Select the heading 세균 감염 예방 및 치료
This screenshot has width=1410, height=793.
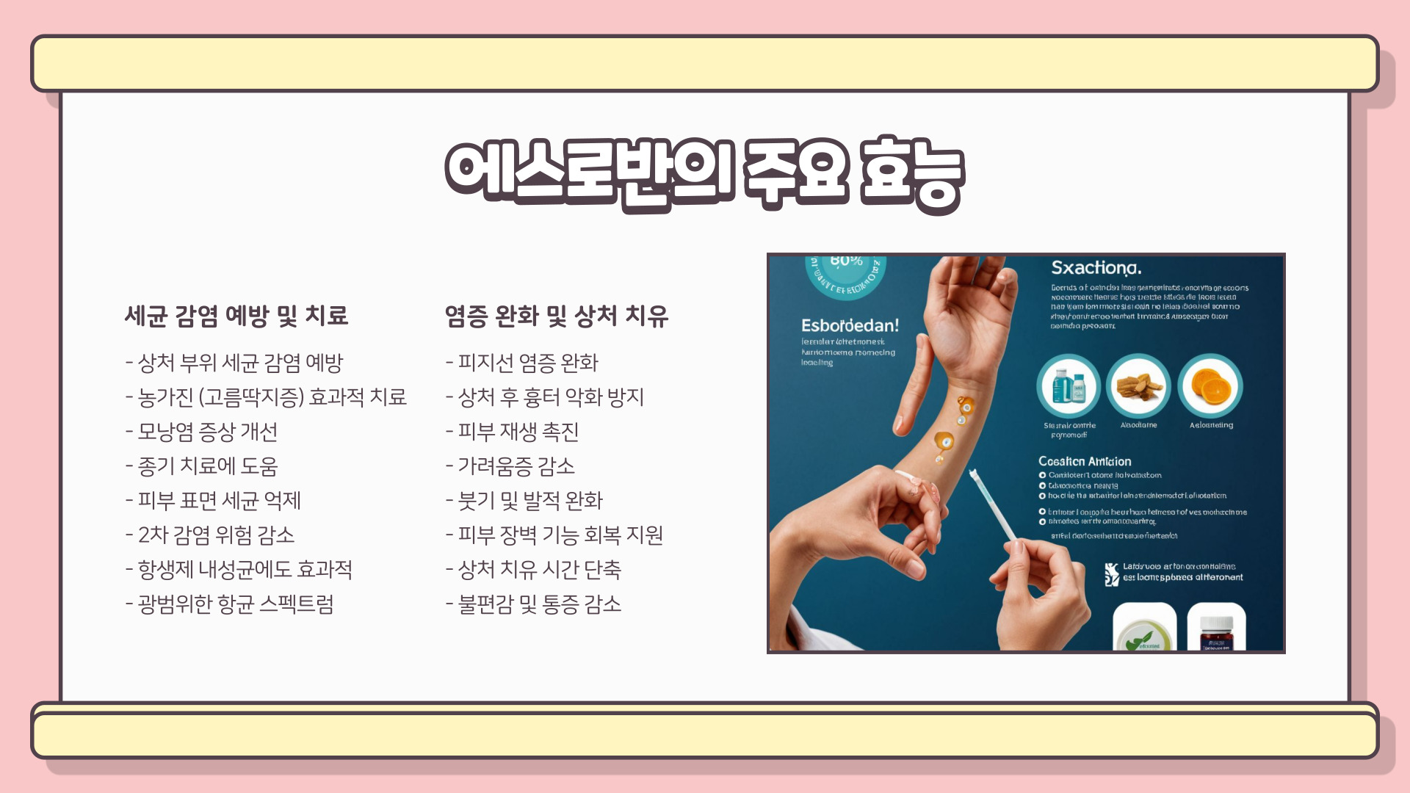click(x=236, y=316)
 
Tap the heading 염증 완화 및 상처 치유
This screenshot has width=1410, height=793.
click(x=556, y=316)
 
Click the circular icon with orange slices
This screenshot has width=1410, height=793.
click(x=1210, y=386)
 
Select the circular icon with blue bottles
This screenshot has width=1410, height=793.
click(x=1069, y=386)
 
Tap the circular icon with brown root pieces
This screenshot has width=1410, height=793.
click(x=1138, y=386)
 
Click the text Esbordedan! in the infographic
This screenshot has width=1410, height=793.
click(x=850, y=325)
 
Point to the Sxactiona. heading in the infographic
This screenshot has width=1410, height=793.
click(x=1096, y=268)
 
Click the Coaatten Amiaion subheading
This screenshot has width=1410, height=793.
click(x=1085, y=461)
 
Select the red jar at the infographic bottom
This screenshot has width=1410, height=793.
click(x=1216, y=632)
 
